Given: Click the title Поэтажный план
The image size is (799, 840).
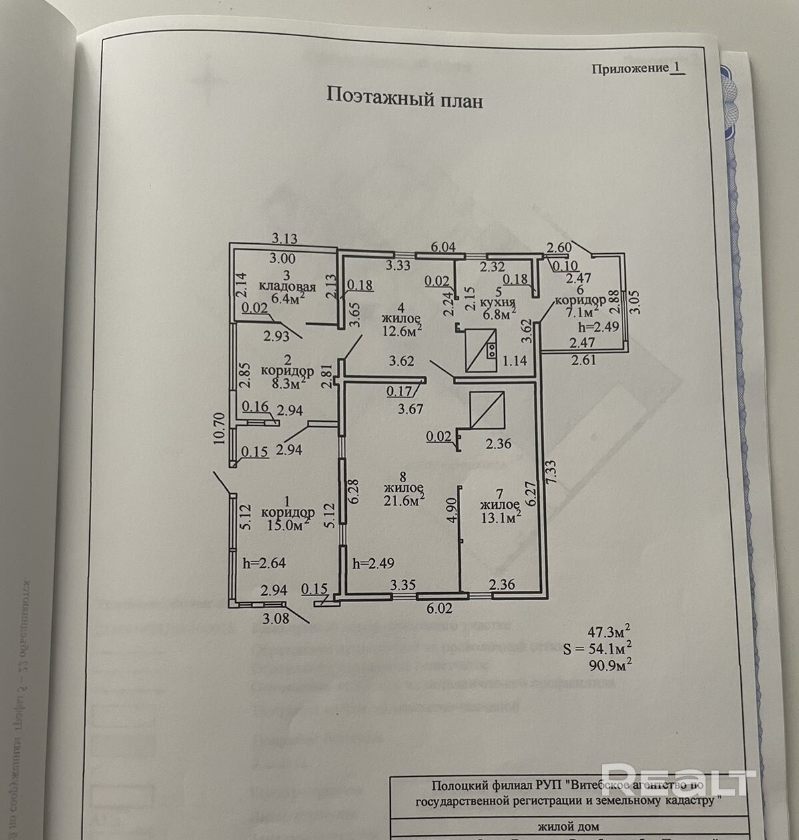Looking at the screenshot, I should [403, 97].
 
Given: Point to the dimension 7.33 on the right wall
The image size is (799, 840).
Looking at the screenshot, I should [551, 476].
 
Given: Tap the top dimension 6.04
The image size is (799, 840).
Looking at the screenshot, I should [443, 246].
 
